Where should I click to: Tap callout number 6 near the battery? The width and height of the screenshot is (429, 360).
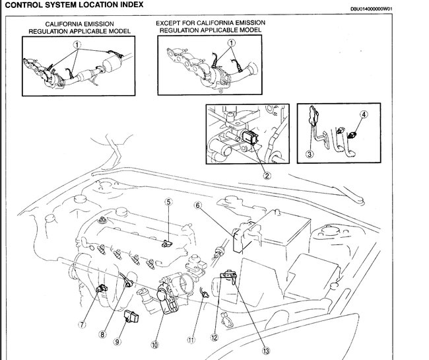(x=197, y=205)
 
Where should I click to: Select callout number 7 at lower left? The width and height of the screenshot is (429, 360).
(x=82, y=324)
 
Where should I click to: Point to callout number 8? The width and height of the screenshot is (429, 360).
(x=103, y=334)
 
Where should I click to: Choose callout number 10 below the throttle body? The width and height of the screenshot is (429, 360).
(x=154, y=344)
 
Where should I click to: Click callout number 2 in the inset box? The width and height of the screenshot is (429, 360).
(x=267, y=176)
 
